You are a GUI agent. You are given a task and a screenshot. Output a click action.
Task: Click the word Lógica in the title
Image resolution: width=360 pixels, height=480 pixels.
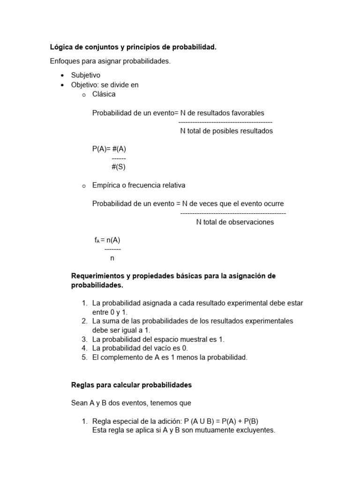click(x=61, y=47)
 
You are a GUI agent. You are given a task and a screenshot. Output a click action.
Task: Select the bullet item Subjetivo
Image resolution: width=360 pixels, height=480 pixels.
click(x=85, y=75)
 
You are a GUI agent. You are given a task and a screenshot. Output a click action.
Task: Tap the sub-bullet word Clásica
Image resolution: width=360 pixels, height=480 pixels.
click(x=104, y=94)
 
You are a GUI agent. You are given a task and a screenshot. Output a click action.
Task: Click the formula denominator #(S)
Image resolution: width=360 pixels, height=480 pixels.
click(x=119, y=167)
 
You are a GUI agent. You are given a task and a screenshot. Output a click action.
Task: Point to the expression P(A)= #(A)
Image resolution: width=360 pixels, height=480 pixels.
click(x=109, y=149)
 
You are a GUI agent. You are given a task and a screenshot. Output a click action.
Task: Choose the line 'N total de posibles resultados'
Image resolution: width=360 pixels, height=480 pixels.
click(x=226, y=131)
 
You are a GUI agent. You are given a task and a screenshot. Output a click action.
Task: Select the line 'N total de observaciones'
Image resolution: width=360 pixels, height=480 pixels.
click(x=235, y=222)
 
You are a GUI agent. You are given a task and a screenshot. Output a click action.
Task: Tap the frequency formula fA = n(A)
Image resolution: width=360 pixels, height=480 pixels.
click(x=107, y=240)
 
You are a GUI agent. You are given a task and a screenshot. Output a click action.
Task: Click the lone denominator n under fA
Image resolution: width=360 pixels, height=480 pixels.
click(x=112, y=258)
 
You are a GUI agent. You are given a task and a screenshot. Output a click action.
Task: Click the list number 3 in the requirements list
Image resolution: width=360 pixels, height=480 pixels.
click(x=85, y=339)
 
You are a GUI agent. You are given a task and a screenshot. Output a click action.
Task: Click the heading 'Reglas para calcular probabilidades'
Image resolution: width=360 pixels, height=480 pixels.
click(x=131, y=385)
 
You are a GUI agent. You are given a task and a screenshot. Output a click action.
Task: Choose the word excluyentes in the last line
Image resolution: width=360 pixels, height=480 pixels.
click(x=255, y=430)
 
